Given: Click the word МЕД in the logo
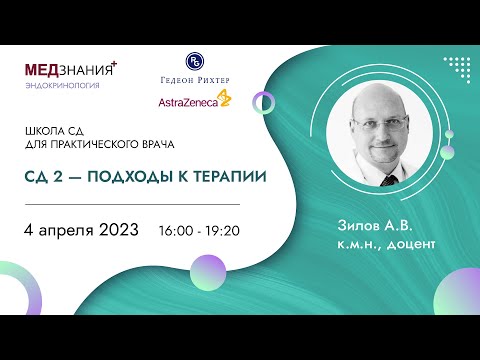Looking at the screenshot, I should coord(45,70).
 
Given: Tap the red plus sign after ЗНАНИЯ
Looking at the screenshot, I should coord(113,64).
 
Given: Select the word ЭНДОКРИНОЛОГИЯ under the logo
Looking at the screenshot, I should coord(63,86).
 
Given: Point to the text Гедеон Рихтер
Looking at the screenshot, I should coord(195,82).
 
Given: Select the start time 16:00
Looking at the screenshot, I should coord(175,230).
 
